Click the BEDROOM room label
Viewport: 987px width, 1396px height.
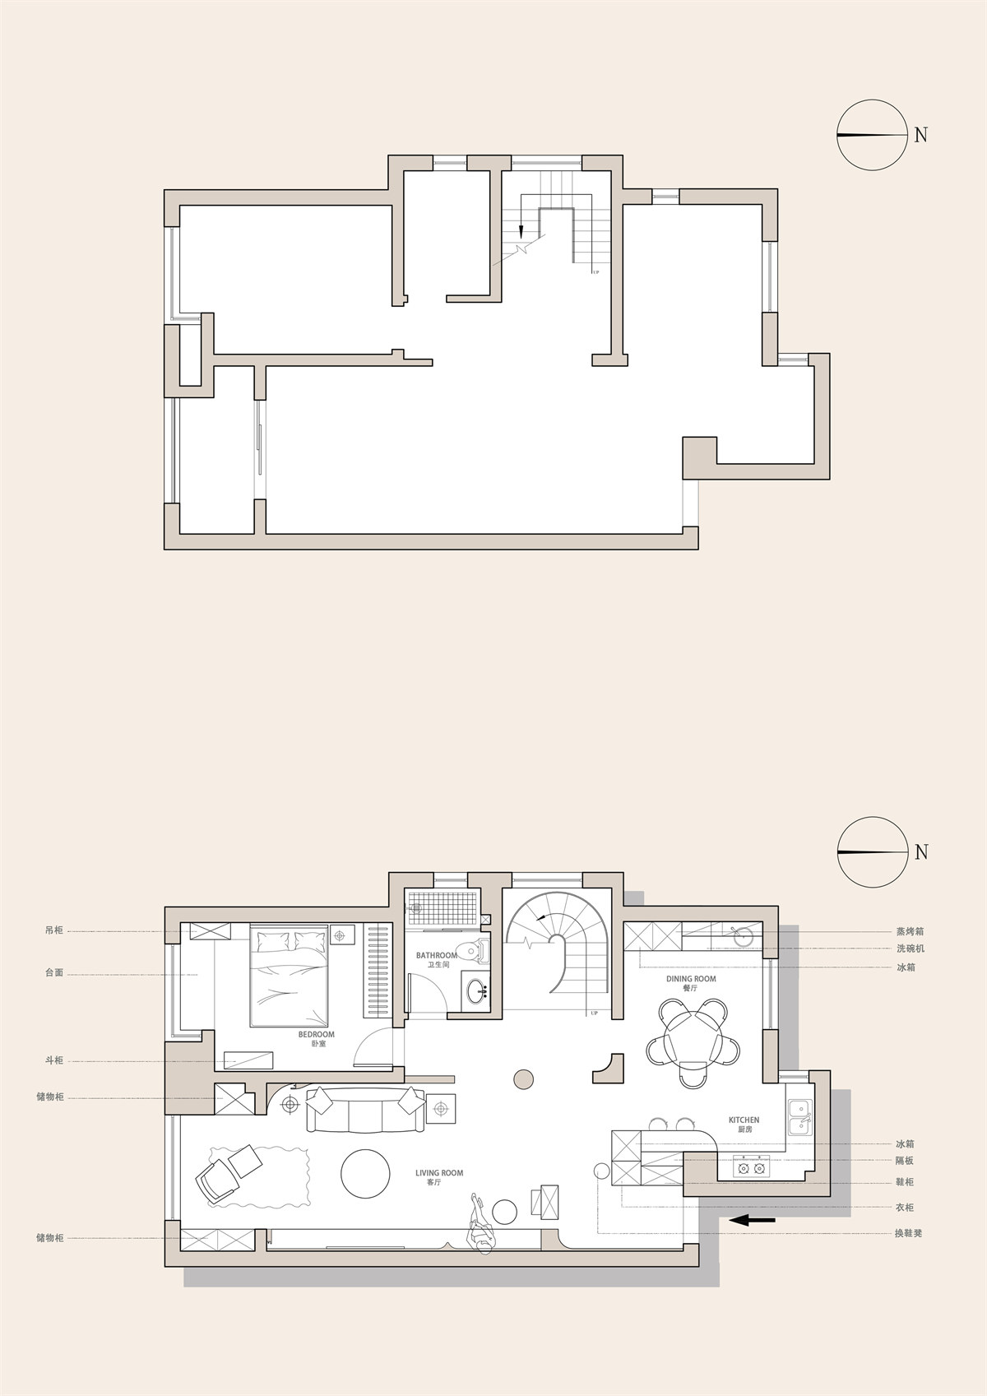click(x=316, y=1051)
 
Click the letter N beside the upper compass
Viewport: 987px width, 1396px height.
click(x=921, y=134)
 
